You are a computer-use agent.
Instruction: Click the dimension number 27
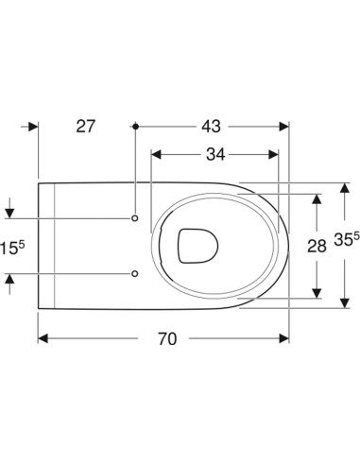tap(85, 127)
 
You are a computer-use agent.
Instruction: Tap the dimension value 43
tap(211, 127)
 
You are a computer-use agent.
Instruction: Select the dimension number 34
tap(215, 154)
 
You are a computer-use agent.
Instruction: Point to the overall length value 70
tap(167, 338)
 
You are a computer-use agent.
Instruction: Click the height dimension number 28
tap(317, 246)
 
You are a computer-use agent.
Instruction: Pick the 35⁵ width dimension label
tap(347, 239)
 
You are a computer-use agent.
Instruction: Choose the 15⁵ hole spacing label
tap(12, 248)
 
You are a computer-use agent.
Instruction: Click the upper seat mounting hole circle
tap(135, 218)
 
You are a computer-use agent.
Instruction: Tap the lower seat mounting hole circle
tap(135, 273)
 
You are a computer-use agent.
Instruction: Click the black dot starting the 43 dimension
tap(135, 127)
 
